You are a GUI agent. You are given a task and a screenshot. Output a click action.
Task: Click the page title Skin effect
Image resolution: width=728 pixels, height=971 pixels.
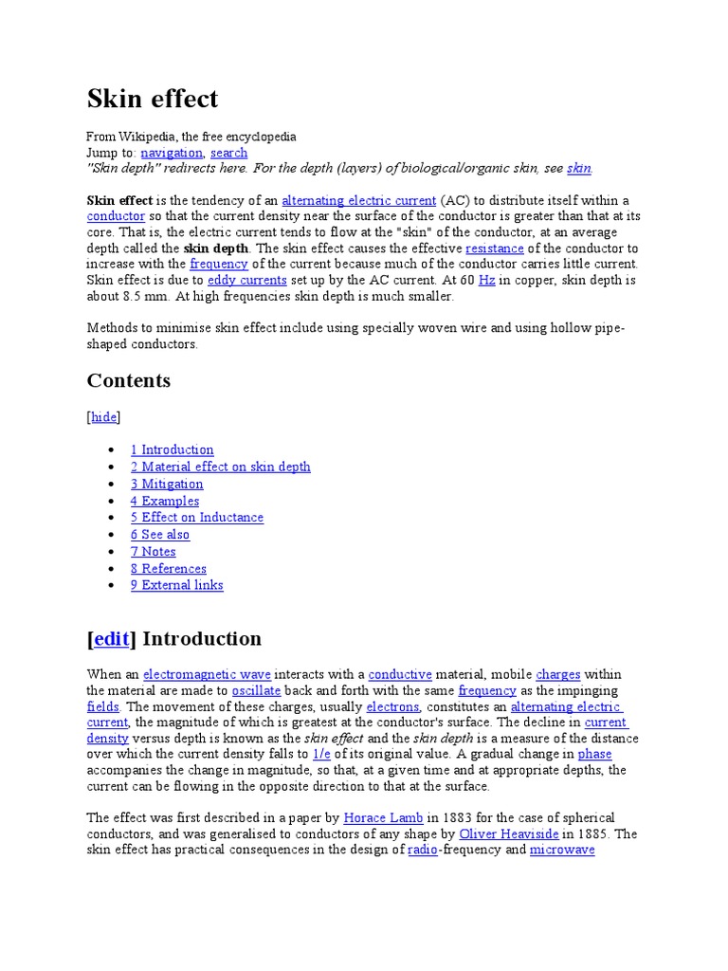click(153, 99)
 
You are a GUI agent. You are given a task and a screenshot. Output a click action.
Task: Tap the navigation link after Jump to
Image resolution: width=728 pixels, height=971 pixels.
click(172, 153)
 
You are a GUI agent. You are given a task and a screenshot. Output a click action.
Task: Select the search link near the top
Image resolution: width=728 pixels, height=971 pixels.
click(228, 153)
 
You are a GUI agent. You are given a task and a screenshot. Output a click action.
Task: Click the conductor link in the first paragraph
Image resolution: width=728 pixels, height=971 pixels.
click(116, 216)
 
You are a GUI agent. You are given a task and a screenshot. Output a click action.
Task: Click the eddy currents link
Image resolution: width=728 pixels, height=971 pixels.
click(246, 281)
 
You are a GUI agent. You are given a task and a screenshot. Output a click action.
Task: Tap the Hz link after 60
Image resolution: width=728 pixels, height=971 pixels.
click(487, 281)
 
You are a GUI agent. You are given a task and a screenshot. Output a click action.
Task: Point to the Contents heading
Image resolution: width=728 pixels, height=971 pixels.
click(129, 381)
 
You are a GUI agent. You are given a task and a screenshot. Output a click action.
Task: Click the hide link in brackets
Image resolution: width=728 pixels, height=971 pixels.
click(104, 417)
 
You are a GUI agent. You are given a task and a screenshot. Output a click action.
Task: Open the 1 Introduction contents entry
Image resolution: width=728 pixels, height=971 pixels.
click(172, 449)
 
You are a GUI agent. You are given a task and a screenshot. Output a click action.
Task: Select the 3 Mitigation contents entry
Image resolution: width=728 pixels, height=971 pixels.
click(167, 484)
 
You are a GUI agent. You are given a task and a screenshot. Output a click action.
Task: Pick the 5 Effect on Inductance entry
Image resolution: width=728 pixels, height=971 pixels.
click(197, 518)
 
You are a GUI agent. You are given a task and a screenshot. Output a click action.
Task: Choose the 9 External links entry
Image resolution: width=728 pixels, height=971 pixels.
click(177, 585)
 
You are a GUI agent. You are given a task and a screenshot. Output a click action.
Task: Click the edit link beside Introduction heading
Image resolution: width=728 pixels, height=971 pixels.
click(111, 639)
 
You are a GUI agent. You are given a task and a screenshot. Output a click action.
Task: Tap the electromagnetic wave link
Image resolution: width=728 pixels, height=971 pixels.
click(207, 674)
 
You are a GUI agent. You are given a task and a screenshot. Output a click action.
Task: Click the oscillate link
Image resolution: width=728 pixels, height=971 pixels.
click(256, 690)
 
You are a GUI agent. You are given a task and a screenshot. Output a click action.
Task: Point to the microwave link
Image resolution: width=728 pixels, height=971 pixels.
click(562, 851)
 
